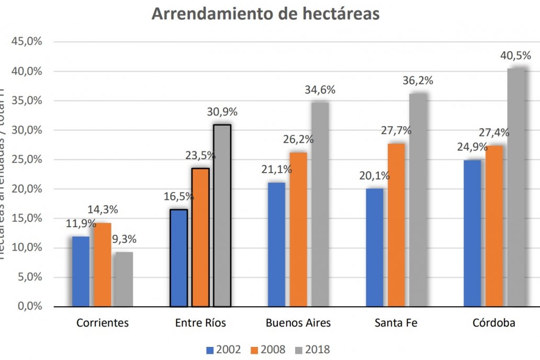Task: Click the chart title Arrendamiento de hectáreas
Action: (x=266, y=14)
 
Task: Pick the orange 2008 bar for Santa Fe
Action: (x=396, y=224)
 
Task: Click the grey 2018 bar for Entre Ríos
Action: (x=222, y=215)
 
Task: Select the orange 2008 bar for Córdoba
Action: (x=494, y=226)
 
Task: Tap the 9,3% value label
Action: (x=125, y=240)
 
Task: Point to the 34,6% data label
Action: (x=320, y=89)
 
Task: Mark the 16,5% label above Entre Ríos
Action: (x=178, y=197)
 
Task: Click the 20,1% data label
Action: (x=374, y=176)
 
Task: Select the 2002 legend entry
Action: (x=224, y=349)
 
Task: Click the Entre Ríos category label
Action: (x=200, y=323)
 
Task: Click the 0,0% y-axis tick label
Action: (x=30, y=306)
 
